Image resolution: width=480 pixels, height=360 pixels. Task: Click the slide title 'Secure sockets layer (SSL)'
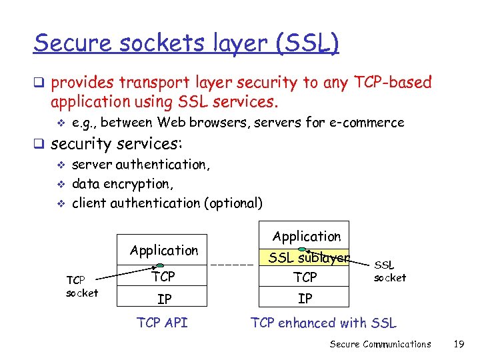[x=186, y=44]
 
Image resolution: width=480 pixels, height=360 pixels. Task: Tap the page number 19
[x=458, y=344]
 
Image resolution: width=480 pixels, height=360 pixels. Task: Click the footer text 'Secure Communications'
[x=381, y=344]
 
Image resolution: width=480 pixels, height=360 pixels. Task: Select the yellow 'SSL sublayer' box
[x=305, y=258]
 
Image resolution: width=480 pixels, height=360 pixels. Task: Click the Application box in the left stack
[x=163, y=251]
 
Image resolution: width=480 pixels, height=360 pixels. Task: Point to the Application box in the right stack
[x=306, y=237]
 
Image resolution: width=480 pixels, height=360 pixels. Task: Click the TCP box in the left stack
[x=163, y=277]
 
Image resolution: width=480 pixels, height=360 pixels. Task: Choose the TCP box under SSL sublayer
[x=305, y=277]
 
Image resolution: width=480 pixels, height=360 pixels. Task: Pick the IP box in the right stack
[x=305, y=299]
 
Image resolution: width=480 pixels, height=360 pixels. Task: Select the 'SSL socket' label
[x=389, y=271]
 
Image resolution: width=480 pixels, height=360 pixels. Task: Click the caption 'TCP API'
[x=162, y=323]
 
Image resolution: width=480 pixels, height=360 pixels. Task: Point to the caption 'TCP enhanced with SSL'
[x=323, y=323]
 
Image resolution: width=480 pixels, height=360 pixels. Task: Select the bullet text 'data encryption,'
[x=123, y=183]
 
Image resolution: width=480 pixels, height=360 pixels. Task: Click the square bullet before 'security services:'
[x=40, y=144]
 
